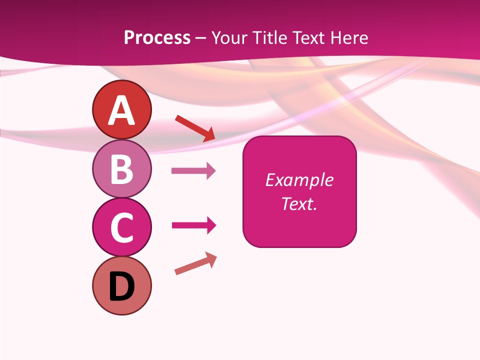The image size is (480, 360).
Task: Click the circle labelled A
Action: tap(121, 109)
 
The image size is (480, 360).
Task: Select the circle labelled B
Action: tap(121, 168)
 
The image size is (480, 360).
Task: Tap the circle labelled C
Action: tap(121, 227)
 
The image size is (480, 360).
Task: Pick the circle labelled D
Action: tap(121, 285)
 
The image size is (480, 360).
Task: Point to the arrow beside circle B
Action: tap(193, 171)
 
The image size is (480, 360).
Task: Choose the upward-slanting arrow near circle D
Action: tap(195, 263)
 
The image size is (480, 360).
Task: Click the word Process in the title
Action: tap(157, 37)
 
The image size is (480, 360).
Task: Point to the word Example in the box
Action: tap(299, 180)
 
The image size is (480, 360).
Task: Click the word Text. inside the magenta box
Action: tap(299, 203)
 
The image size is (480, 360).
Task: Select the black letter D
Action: tap(121, 287)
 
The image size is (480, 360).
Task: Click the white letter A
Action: tap(121, 110)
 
